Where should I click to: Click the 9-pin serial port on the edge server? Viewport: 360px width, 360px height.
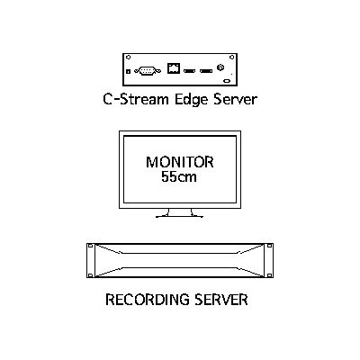[148, 71]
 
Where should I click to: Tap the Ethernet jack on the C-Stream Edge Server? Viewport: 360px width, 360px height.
[174, 68]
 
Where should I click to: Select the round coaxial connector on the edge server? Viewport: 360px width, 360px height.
[220, 67]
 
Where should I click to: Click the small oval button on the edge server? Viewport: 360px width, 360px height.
[227, 81]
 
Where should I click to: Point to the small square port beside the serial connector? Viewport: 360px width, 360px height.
[128, 71]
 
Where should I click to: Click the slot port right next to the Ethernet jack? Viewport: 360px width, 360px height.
[189, 71]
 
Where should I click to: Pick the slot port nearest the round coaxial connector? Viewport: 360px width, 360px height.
[206, 71]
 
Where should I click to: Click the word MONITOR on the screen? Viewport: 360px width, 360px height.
[180, 162]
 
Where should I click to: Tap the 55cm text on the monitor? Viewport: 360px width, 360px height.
[179, 176]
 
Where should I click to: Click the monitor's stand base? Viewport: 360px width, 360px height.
[179, 216]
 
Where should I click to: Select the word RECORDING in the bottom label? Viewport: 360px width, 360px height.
[148, 300]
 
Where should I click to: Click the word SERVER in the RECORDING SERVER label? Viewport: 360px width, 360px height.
[221, 300]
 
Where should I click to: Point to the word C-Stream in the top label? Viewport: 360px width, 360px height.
[136, 99]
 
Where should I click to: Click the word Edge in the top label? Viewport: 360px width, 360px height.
[192, 100]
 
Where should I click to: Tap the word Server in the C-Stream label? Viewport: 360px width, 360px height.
[236, 99]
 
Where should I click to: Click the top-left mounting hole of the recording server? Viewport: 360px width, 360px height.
[90, 246]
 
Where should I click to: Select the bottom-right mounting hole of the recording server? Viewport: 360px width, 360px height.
[269, 275]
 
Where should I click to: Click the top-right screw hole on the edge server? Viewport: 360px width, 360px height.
[231, 57]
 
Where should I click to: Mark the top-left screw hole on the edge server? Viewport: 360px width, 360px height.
[128, 57]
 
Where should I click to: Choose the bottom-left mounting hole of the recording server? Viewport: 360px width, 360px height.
[90, 275]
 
